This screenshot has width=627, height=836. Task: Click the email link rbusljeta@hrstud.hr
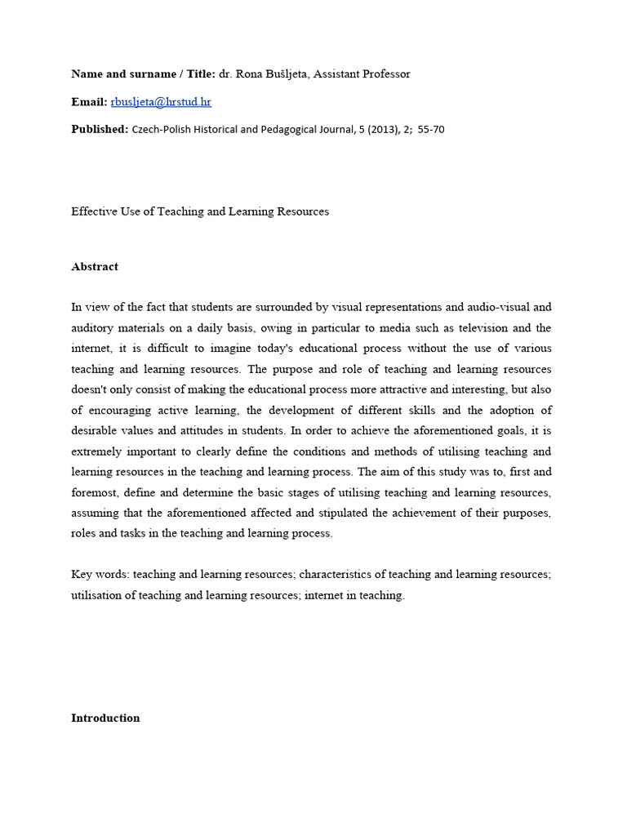[161, 102]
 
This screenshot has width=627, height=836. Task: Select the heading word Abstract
[95, 267]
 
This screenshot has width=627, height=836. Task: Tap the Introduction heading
[105, 718]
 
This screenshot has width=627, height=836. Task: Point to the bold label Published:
[100, 129]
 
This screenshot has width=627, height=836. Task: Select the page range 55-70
[430, 129]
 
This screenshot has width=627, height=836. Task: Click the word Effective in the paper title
[93, 211]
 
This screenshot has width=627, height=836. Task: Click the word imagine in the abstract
[233, 349]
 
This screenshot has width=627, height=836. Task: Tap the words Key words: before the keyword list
[100, 575]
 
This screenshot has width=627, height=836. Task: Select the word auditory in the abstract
[93, 328]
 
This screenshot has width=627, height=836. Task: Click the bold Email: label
[89, 102]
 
